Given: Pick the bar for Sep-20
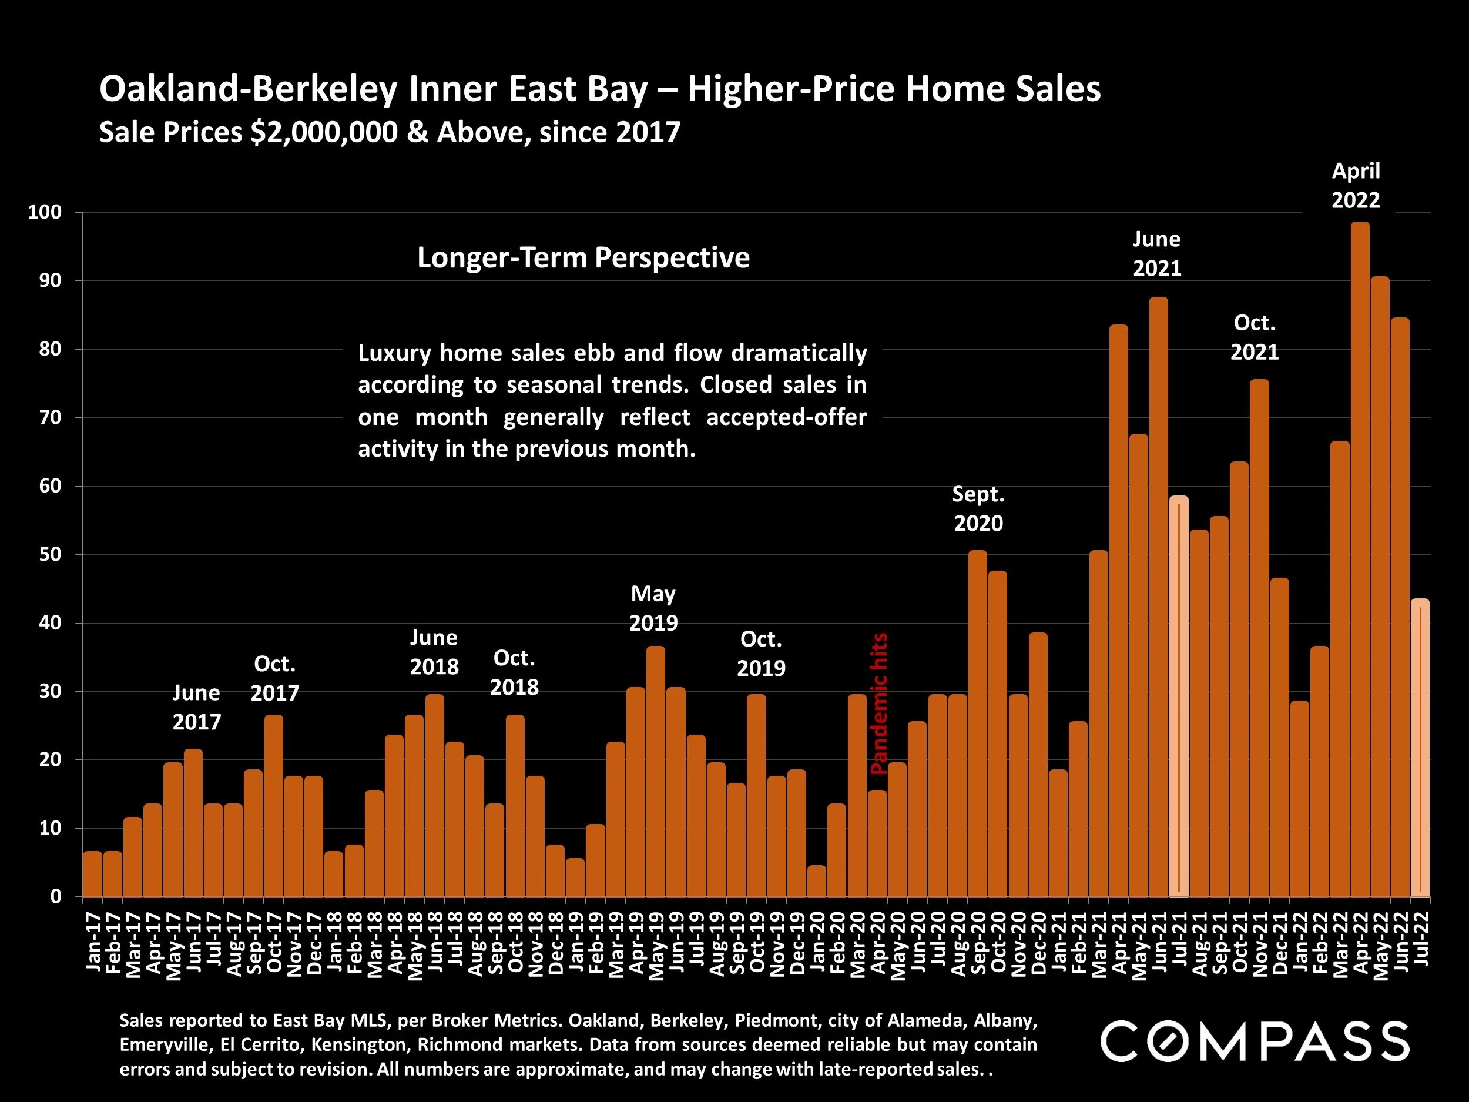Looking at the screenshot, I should click(978, 723).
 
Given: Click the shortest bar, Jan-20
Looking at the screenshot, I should click(817, 881).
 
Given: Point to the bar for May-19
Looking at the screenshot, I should click(656, 771).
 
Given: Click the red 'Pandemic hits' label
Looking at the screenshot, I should click(879, 704).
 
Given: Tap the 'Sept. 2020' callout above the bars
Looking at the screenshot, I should click(978, 509).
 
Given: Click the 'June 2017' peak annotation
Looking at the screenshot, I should click(197, 707).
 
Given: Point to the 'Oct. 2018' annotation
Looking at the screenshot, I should click(515, 672).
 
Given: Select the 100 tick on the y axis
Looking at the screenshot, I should click(45, 213).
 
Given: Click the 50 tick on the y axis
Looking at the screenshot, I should click(49, 555).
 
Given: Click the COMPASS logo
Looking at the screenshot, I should click(1255, 1042).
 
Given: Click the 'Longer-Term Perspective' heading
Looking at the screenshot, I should click(583, 258).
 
